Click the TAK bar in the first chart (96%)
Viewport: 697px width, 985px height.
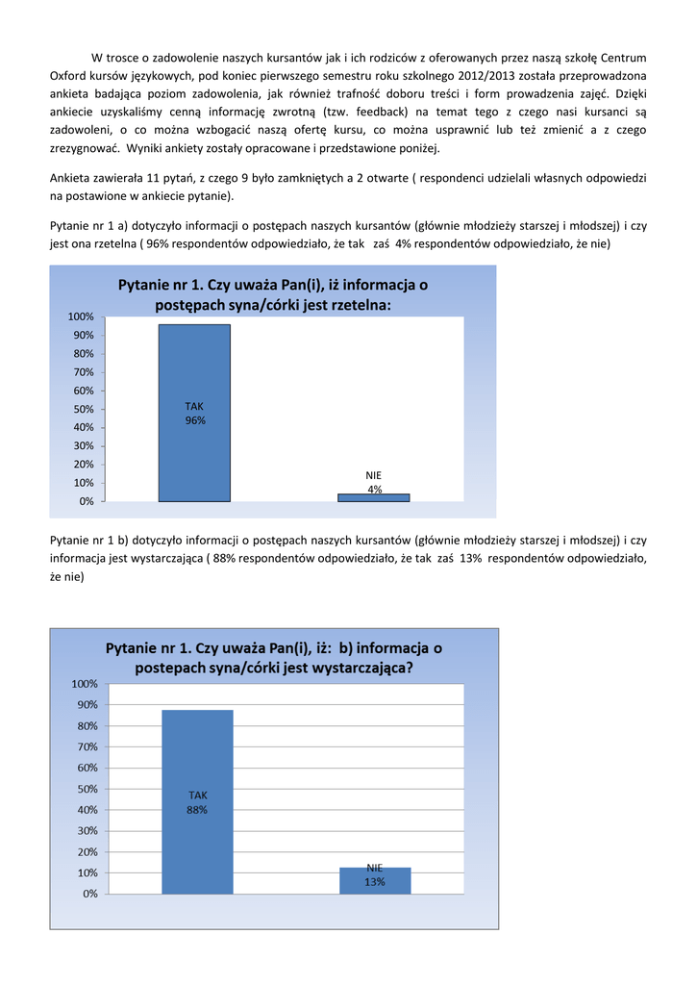(x=194, y=452)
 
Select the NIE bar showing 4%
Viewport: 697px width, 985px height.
(x=373, y=497)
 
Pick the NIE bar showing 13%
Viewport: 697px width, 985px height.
(x=375, y=881)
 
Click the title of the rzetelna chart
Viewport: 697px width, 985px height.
(x=273, y=294)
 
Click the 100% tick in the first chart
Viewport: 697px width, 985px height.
(x=80, y=317)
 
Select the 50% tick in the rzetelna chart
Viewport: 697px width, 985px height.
(x=82, y=410)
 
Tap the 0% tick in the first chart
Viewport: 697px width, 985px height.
(x=85, y=502)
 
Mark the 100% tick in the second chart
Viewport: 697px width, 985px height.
(x=83, y=684)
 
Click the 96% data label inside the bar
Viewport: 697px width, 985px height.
(x=195, y=420)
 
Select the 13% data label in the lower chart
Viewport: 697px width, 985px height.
(x=375, y=882)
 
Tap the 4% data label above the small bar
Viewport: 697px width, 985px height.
(x=374, y=490)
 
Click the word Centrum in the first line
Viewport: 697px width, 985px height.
(x=623, y=57)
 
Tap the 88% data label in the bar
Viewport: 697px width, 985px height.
(x=197, y=810)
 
